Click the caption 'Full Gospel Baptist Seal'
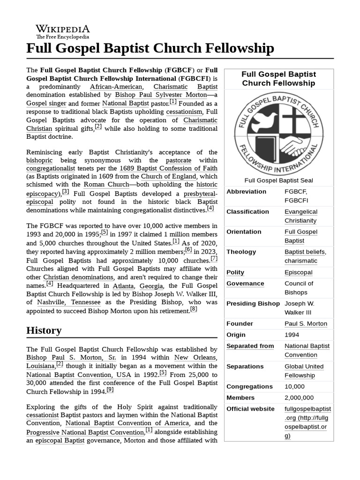coord(278,180)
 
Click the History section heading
coord(44,330)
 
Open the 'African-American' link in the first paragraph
coord(115,87)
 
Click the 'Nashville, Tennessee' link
coord(69,302)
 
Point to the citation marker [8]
coord(194,309)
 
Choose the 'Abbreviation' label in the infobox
coord(246,192)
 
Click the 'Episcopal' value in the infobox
coord(298,272)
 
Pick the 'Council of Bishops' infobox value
coord(299,288)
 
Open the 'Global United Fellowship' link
coord(304,371)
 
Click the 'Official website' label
coord(250,409)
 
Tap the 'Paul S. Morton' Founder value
coord(306,323)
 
